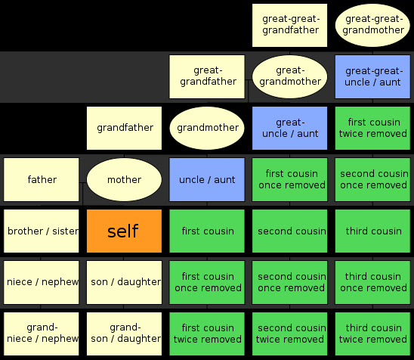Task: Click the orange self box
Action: pos(124,231)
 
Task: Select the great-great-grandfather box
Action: pos(289,26)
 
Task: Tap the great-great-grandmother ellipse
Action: pos(372,26)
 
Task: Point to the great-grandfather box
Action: pos(207,76)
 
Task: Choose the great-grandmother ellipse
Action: pos(289,76)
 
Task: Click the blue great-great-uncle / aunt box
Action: pos(372,76)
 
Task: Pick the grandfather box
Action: pos(124,129)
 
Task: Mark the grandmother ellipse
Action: pos(207,129)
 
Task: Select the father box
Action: pos(42,179)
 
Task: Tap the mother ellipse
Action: pos(124,179)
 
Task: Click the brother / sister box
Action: pos(42,231)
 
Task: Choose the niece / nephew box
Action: pos(42,282)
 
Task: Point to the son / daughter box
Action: pos(124,282)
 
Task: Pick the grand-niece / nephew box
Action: pos(42,334)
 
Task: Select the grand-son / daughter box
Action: pos(124,334)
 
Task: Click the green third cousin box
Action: pos(372,231)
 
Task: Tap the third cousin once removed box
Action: pos(372,282)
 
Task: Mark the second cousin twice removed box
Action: pos(289,334)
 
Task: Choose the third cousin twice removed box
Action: pos(372,334)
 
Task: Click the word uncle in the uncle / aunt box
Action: pos(191,180)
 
